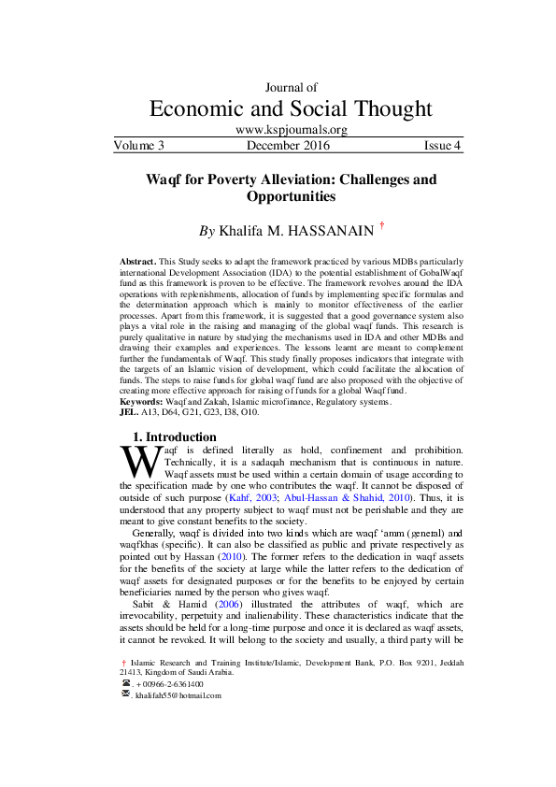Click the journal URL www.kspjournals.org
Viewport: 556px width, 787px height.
[292, 131]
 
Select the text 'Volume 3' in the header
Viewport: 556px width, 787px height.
[139, 146]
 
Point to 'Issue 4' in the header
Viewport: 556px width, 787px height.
[443, 146]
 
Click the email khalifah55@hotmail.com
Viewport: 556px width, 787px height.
[178, 695]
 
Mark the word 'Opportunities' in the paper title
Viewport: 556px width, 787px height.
[292, 197]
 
